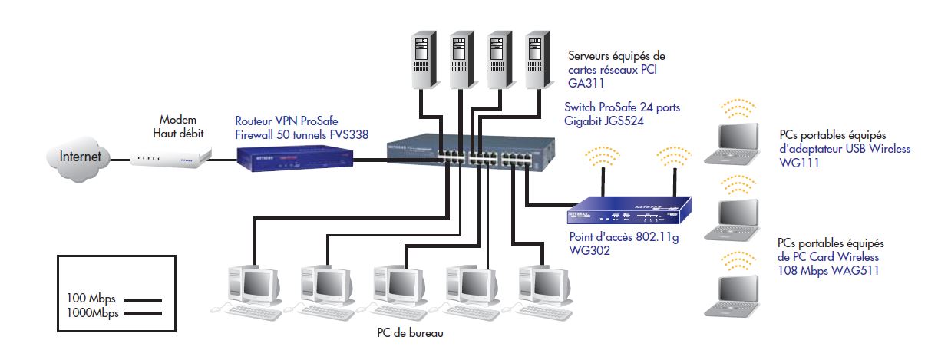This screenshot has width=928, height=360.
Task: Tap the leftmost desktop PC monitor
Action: [x=254, y=283]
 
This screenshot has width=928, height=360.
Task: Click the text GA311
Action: [x=584, y=83]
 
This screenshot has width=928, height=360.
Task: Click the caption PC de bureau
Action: [x=410, y=333]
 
